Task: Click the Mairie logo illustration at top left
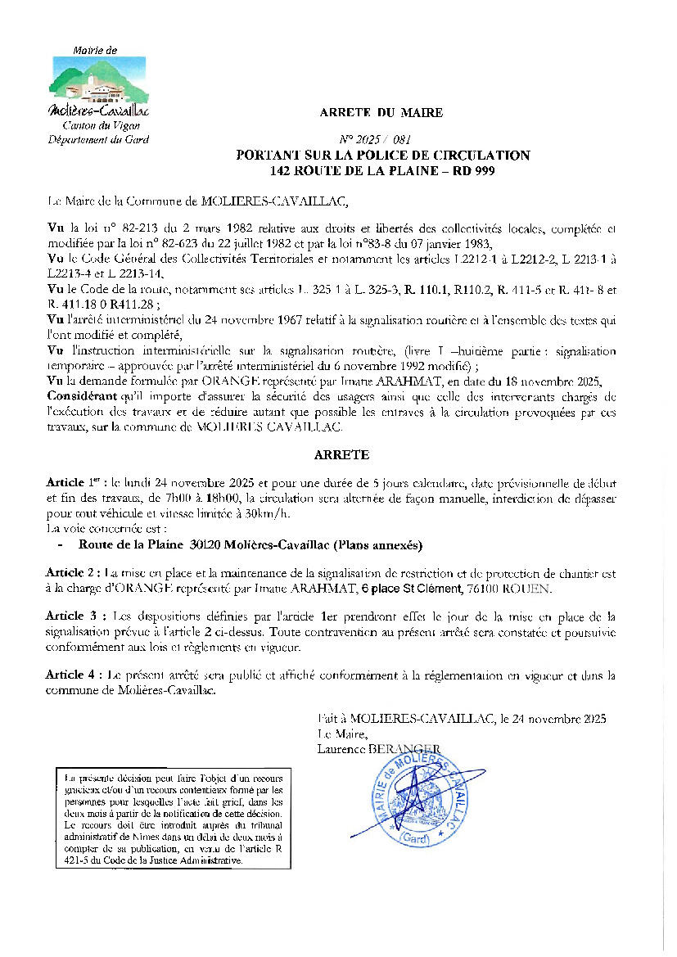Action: click(98, 80)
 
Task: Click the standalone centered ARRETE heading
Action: click(341, 454)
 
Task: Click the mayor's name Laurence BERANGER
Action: click(378, 747)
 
